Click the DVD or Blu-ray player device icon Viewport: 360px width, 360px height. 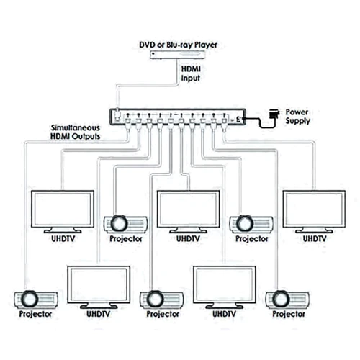pos(177,55)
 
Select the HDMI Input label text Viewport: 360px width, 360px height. pos(191,73)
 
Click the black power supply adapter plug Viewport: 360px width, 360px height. pos(274,114)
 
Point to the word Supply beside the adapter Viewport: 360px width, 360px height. pos(297,121)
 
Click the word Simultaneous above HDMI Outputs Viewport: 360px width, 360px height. pos(76,127)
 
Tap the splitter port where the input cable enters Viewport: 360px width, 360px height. pos(117,114)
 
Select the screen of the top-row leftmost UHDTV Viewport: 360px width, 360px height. pos(63,208)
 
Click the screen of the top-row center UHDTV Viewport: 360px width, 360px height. pos(189,208)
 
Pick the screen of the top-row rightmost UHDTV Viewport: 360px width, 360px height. pos(314,208)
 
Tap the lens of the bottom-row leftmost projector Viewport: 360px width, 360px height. pos(30,299)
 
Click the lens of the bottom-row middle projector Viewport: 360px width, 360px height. pos(156,299)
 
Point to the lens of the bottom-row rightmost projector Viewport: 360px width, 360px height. pos(282,299)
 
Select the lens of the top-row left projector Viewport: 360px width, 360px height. pos(120,223)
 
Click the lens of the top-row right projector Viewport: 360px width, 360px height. pos(245,223)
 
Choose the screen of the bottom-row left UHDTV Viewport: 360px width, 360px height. pos(99,284)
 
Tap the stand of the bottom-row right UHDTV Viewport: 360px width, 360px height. pos(225,305)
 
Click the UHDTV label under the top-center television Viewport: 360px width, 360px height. pos(188,239)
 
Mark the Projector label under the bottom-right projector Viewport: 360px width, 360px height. pos(289,314)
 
